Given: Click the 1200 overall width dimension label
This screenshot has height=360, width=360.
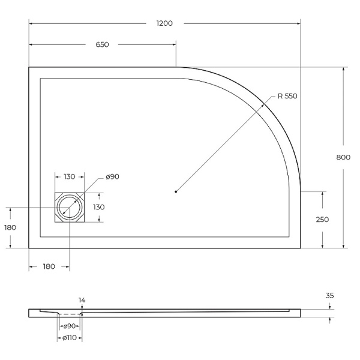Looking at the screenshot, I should point(164,23).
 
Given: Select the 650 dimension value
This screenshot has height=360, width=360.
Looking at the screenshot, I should point(102,45).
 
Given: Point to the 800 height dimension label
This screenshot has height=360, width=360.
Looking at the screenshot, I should point(343,157).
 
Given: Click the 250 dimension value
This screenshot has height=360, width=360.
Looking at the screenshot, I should point(322,220).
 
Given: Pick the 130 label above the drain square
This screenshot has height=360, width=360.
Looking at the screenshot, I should point(69,176).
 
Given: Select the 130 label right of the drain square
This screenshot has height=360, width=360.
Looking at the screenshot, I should point(98,207).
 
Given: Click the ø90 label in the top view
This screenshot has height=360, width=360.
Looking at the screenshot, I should point(113,176).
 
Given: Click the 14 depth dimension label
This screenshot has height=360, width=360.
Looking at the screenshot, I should point(82,300).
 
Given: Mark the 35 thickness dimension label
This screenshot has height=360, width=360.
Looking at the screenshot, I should point(329,295).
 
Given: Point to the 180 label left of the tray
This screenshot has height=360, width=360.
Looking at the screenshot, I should point(10,227).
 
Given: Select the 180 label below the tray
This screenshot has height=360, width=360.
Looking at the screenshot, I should point(49,266).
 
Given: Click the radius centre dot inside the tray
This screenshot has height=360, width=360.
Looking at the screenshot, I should point(176,191).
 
